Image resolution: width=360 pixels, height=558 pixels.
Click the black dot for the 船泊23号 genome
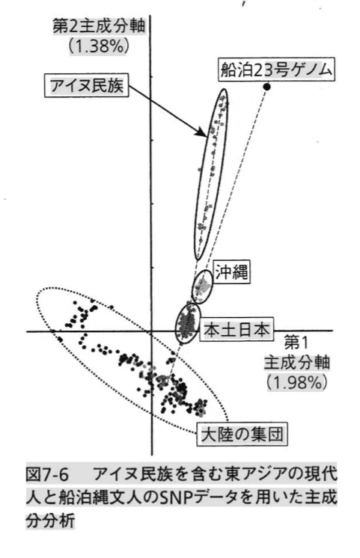[266, 86]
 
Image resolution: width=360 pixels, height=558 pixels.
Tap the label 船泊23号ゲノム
[276, 69]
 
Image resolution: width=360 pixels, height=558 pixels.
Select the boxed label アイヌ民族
[87, 85]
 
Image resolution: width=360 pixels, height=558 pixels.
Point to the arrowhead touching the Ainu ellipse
[201, 132]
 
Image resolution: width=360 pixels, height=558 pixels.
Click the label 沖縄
[231, 272]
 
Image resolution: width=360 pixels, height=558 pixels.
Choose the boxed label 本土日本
[237, 329]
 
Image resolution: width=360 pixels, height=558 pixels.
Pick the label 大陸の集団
[242, 434]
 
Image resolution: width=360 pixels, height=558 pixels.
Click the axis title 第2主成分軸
[99, 27]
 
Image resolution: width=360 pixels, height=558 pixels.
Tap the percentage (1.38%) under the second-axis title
[98, 46]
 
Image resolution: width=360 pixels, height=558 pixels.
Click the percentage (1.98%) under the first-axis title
[296, 381]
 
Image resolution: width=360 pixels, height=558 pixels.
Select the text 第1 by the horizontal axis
[296, 343]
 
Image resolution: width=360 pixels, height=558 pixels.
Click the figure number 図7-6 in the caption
[47, 474]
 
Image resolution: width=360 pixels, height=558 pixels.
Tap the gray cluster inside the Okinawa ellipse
[202, 286]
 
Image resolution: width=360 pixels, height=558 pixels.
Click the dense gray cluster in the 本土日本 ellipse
[186, 323]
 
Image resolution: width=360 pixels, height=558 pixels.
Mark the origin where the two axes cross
[151, 331]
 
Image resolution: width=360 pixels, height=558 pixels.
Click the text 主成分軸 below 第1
[296, 362]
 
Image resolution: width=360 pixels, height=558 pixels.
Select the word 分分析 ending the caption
[50, 521]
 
